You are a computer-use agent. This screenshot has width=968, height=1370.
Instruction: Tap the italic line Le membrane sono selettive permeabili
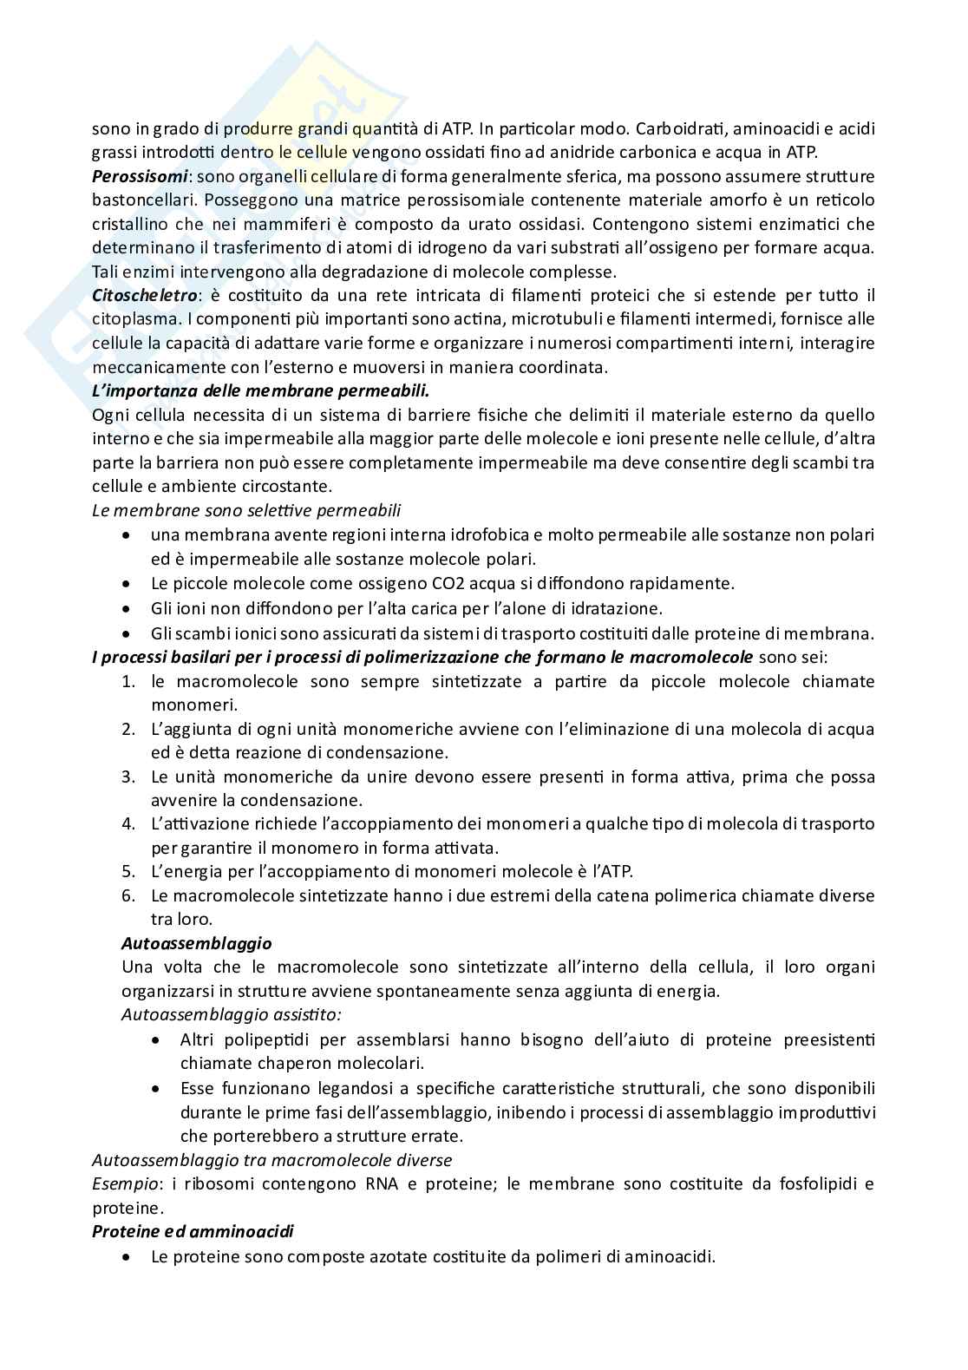pos(246,510)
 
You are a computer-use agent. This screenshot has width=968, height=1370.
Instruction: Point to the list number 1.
pos(128,682)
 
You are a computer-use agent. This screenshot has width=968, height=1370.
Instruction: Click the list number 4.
pos(128,823)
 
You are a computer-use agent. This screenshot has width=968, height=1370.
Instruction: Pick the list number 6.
pos(128,895)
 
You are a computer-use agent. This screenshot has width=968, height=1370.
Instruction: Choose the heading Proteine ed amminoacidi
pos(193,1231)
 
